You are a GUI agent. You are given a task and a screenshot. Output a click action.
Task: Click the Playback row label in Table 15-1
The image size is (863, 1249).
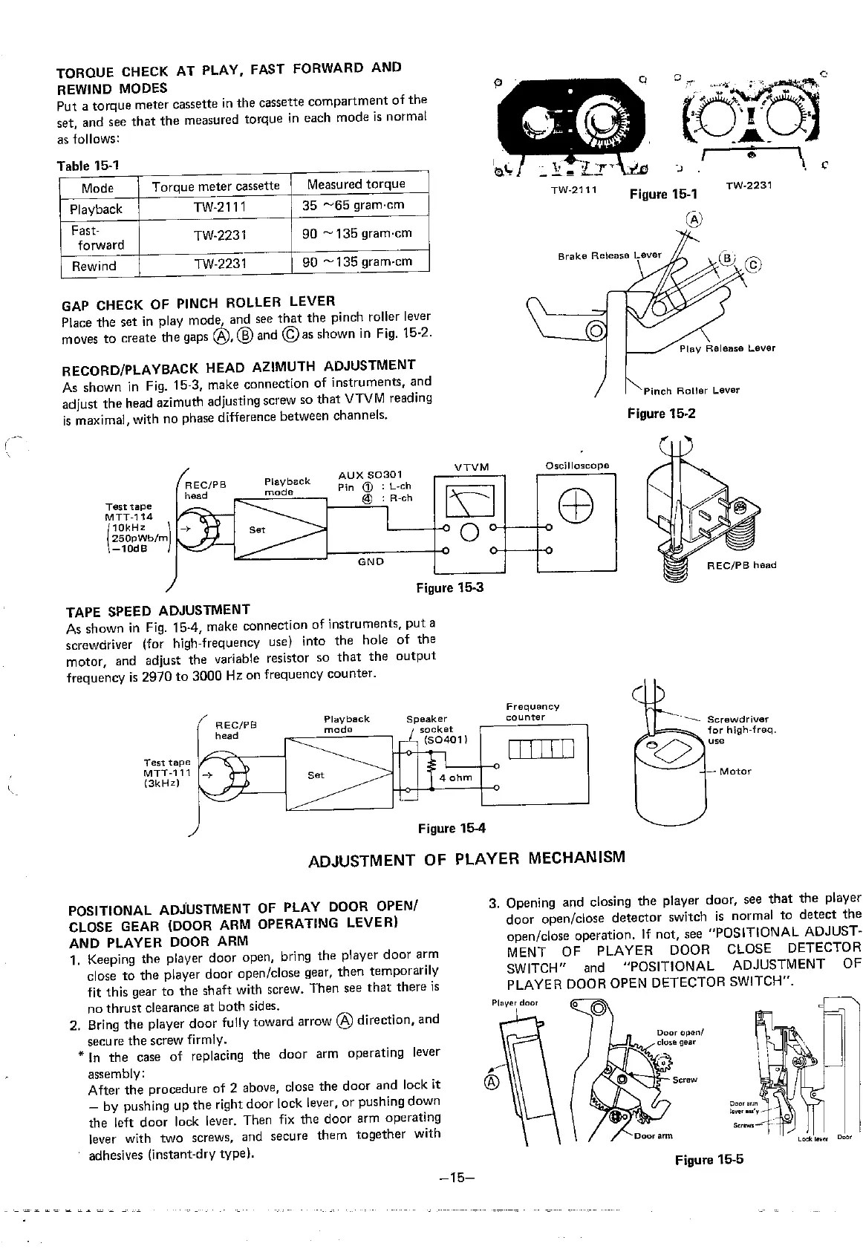click(x=96, y=209)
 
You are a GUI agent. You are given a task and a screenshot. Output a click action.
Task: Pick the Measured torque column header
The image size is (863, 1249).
click(x=356, y=184)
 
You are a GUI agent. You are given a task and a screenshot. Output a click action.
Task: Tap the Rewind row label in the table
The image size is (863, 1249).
click(x=94, y=266)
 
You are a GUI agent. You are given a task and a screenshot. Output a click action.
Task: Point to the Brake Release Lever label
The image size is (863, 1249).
click(x=609, y=255)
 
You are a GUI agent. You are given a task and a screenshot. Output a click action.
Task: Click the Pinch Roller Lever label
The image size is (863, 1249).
click(x=691, y=391)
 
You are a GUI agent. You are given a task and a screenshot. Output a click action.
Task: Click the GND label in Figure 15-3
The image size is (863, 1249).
click(x=371, y=562)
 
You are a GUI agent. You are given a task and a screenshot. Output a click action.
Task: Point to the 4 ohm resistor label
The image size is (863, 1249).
click(x=455, y=778)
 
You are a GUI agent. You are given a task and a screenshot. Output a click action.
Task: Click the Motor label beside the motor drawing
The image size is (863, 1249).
click(x=735, y=772)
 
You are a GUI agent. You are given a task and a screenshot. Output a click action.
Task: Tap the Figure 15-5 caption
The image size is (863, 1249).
click(x=709, y=1160)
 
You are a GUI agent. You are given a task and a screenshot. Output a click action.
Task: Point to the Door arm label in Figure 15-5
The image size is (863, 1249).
click(x=654, y=1135)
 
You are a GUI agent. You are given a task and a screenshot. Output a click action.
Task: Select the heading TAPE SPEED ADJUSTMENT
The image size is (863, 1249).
click(x=158, y=610)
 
